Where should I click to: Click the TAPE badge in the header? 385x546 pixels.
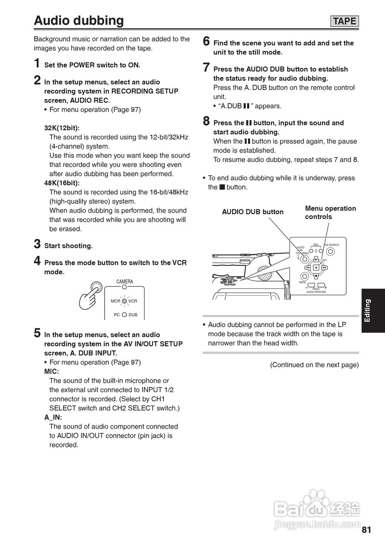click(x=344, y=21)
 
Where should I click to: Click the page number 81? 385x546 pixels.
click(x=366, y=530)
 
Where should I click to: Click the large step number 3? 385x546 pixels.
click(x=38, y=244)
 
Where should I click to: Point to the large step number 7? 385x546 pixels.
click(x=207, y=68)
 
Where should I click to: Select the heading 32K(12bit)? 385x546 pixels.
click(x=62, y=128)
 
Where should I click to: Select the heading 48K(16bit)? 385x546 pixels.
click(x=62, y=183)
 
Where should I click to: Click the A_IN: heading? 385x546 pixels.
click(x=53, y=418)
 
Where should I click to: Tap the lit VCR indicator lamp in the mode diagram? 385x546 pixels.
click(x=124, y=301)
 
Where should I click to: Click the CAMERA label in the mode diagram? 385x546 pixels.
click(x=125, y=282)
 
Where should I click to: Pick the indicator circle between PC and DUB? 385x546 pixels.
click(x=124, y=315)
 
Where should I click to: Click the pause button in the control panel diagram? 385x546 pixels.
click(x=316, y=268)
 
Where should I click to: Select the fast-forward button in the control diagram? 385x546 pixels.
click(x=325, y=268)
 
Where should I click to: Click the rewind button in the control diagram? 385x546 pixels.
click(x=307, y=268)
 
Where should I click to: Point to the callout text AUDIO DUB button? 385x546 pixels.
click(x=253, y=212)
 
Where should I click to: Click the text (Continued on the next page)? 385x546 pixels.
click(x=314, y=365)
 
